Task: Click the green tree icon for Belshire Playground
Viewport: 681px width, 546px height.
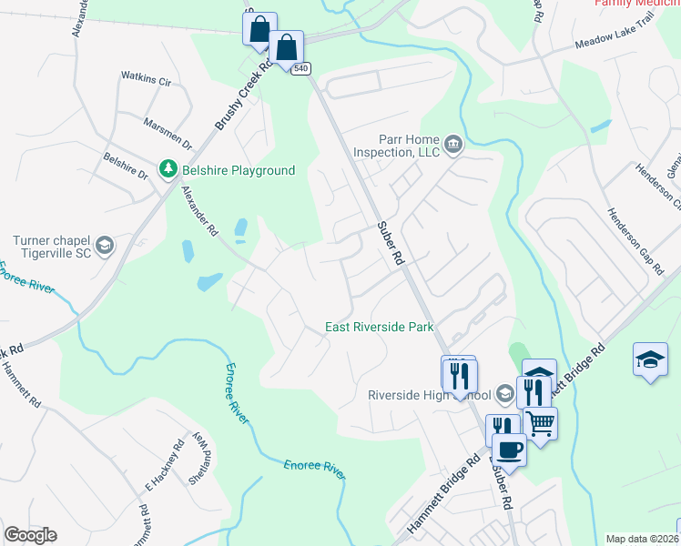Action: click(x=168, y=170)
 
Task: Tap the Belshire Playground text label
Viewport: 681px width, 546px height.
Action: click(x=237, y=170)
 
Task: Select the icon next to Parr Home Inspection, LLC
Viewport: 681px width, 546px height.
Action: click(x=452, y=144)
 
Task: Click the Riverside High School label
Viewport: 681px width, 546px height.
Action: click(x=428, y=395)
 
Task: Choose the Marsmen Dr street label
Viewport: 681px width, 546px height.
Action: click(x=168, y=133)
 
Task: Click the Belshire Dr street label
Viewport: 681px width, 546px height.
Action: click(x=125, y=167)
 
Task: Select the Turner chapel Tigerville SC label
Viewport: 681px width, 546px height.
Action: click(x=52, y=247)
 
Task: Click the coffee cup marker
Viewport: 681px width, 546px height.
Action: click(x=509, y=449)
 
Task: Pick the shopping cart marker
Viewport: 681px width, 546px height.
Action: click(x=541, y=422)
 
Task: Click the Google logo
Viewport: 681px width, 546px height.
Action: click(x=30, y=535)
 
